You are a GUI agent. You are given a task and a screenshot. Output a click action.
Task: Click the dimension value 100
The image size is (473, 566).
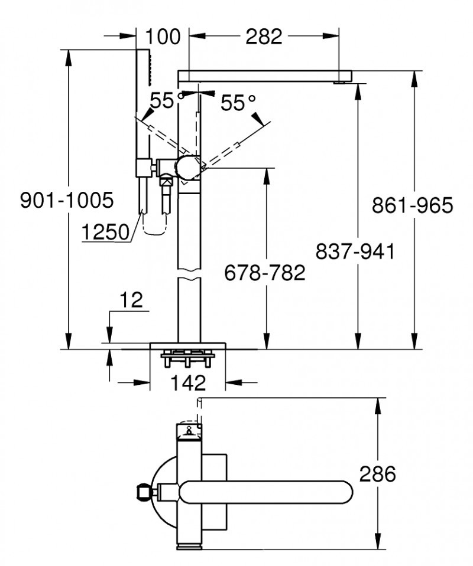[163, 37]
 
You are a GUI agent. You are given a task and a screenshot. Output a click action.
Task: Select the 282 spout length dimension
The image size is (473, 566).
[264, 37]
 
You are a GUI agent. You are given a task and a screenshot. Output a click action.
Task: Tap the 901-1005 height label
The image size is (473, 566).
[66, 201]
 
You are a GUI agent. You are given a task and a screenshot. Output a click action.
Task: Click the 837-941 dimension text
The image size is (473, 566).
[355, 251]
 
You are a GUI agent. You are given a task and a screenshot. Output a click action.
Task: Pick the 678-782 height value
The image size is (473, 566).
[265, 273]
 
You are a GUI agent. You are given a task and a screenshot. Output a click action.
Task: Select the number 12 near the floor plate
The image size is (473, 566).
[132, 300]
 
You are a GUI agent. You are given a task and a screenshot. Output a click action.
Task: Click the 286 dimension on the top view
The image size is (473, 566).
[377, 473]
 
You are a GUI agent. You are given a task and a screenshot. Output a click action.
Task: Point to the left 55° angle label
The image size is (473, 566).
[163, 100]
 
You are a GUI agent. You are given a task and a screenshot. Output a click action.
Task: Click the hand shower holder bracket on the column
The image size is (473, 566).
[144, 167]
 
